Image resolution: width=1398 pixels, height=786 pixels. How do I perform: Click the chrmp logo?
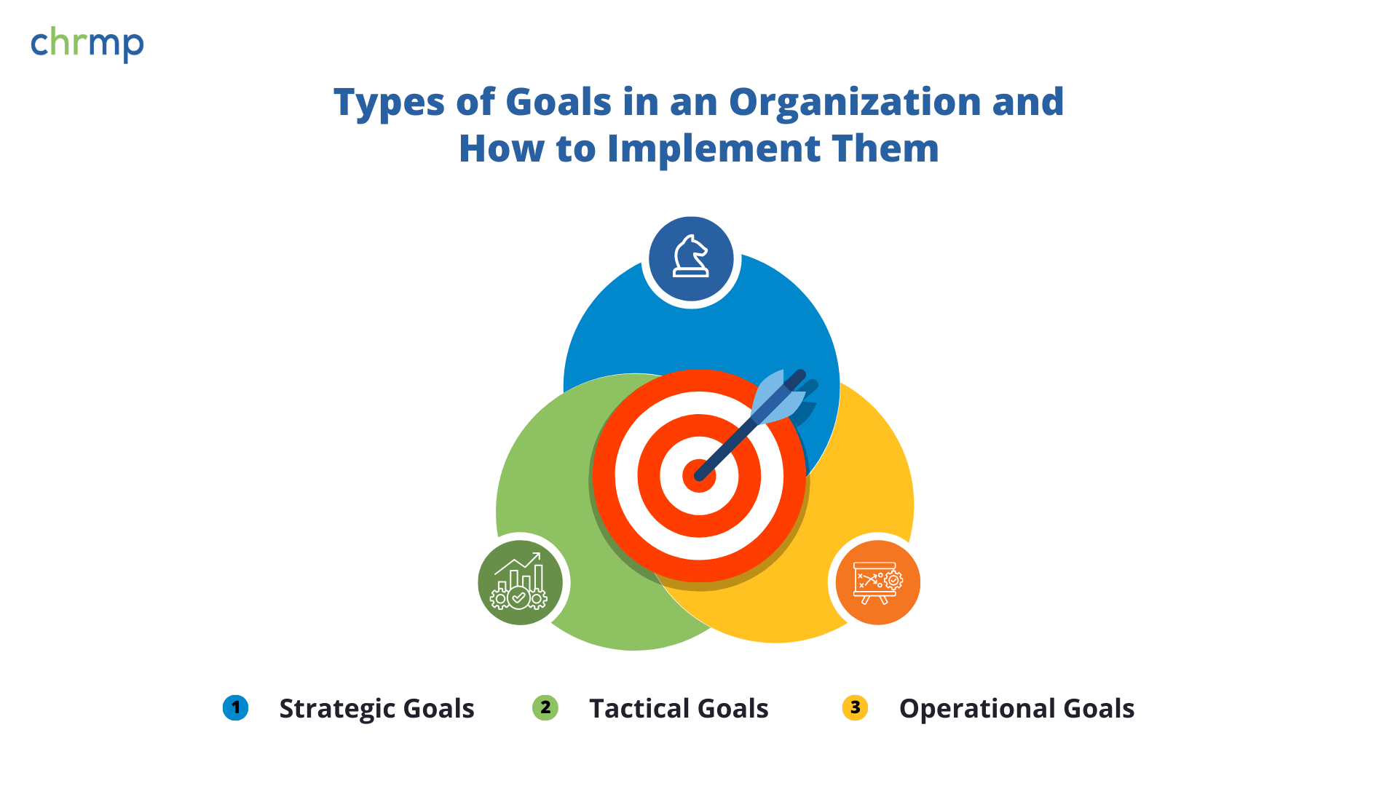coord(87,44)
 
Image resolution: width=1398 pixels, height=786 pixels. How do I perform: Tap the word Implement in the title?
coord(714,149)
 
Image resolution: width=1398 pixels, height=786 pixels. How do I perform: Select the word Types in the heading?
coord(389,103)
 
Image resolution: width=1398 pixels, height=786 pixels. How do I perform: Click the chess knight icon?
coord(690,256)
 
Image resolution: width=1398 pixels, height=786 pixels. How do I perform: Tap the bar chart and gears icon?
coord(519,581)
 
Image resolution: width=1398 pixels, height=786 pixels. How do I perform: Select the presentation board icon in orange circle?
coord(878,582)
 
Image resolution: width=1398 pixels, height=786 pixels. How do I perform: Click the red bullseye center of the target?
coord(698,477)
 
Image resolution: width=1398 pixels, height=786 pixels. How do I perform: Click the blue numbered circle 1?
coord(235,707)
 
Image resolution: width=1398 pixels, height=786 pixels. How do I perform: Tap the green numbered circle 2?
coord(545,707)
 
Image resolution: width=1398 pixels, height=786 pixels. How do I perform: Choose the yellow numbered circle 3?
coord(855,707)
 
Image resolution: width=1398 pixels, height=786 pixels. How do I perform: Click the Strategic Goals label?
coord(376,709)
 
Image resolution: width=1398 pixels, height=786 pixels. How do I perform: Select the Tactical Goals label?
coord(679,709)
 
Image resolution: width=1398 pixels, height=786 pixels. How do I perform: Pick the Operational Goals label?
coord(1016,709)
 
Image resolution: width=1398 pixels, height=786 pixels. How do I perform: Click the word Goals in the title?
coord(558,102)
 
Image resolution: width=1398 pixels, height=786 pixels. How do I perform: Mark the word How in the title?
coord(502,148)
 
